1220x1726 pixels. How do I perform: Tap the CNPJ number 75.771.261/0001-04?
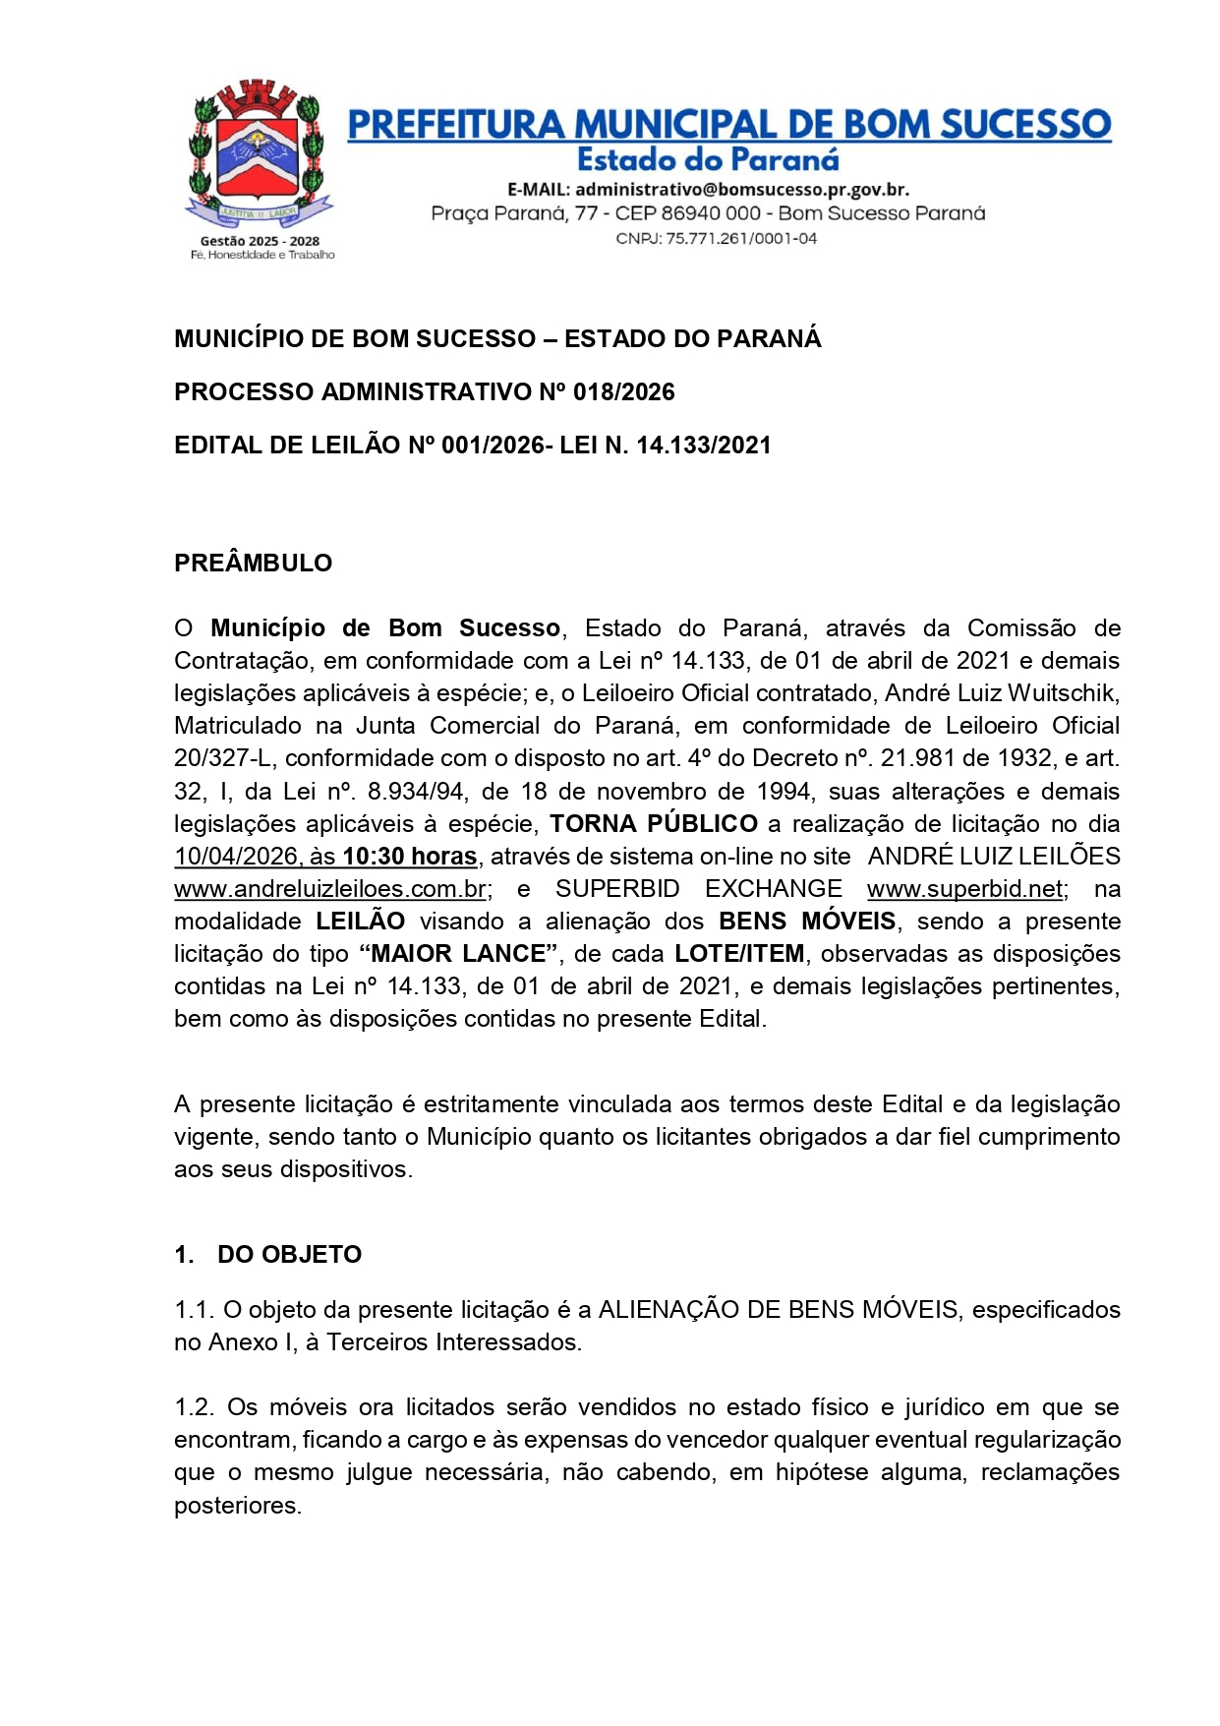point(741,238)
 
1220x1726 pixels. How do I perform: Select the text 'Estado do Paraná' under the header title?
point(708,159)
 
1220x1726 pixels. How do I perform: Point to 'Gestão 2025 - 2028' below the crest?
point(260,240)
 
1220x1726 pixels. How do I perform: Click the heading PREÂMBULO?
point(253,563)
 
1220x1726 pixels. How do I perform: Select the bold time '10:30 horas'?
point(409,857)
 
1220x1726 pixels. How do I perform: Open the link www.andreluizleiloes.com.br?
point(330,889)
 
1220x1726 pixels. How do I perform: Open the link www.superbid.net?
point(964,889)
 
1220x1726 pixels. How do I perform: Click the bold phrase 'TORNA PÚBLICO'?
point(654,824)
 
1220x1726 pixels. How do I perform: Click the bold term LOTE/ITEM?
point(739,954)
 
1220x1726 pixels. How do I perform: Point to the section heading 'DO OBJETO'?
point(289,1255)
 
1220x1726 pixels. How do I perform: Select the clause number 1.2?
point(194,1407)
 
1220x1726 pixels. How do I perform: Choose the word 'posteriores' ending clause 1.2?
point(237,1506)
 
